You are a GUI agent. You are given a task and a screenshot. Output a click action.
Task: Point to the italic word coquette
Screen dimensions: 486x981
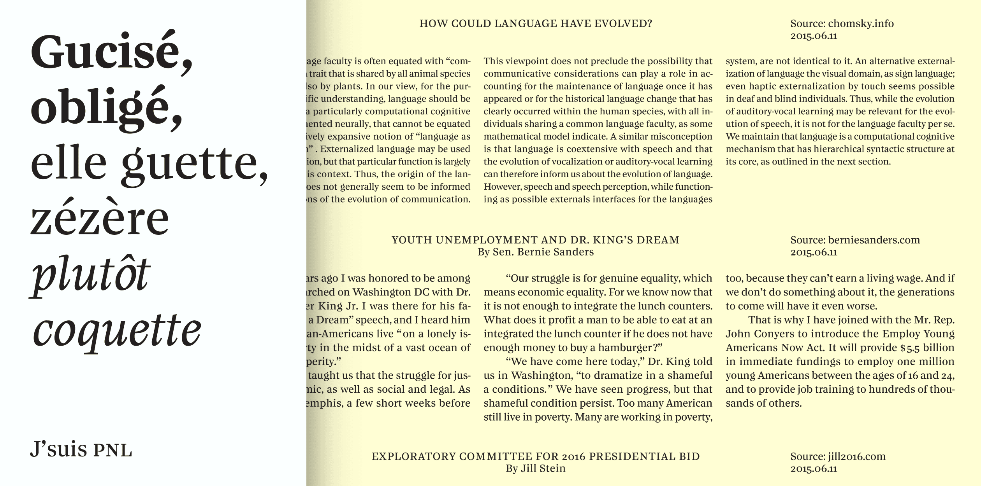[x=117, y=330]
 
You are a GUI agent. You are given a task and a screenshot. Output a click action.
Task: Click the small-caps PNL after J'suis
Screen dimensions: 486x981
[x=113, y=451]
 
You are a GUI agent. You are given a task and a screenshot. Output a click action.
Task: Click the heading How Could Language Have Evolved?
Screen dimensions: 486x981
[x=535, y=24]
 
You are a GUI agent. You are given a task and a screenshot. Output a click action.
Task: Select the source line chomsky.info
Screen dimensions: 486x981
[x=842, y=24]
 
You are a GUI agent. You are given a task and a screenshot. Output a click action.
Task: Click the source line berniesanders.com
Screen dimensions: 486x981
[x=855, y=240]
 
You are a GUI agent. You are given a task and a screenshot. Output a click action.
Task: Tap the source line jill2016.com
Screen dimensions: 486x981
[x=838, y=456]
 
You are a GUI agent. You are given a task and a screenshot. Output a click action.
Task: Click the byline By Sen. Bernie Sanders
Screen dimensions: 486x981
[x=535, y=252]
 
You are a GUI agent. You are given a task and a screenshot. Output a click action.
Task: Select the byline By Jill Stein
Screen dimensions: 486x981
[x=535, y=469]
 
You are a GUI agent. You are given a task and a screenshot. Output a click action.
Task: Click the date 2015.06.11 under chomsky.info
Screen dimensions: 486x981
[x=814, y=36]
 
